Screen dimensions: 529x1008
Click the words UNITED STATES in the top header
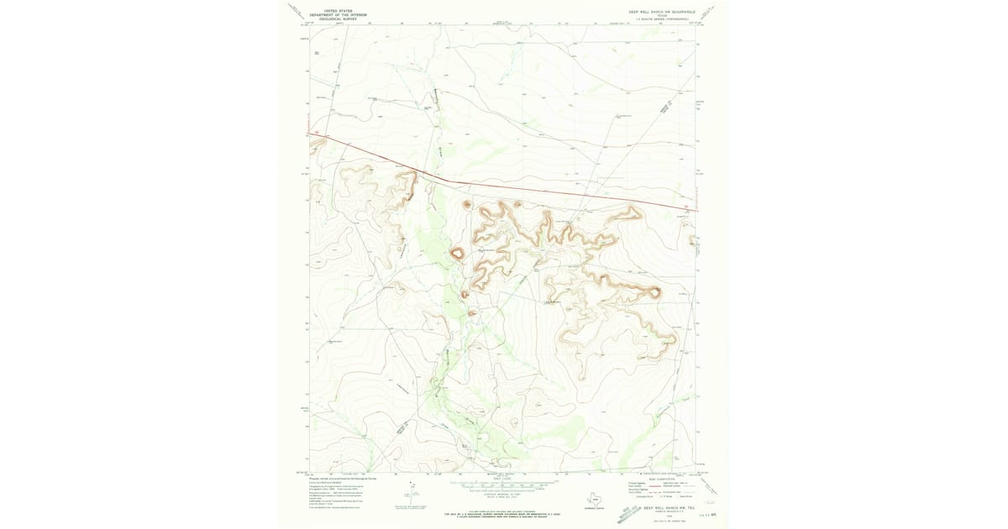(x=333, y=11)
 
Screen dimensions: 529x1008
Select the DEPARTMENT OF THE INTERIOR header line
(x=333, y=14)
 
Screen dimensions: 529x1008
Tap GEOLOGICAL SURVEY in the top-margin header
(x=333, y=18)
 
